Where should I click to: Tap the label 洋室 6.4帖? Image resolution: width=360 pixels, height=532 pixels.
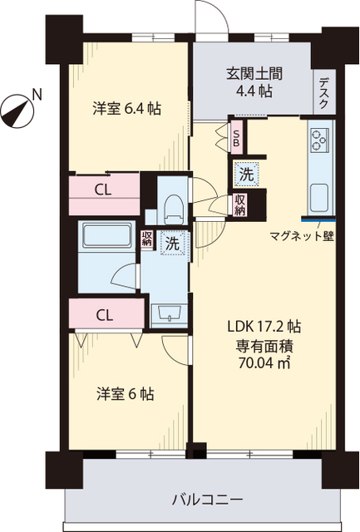click(x=126, y=108)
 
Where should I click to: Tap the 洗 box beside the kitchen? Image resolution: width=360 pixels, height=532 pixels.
click(x=247, y=175)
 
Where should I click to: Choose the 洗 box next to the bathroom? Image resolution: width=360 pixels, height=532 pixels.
click(x=170, y=244)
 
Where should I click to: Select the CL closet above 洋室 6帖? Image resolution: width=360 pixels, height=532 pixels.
click(x=103, y=314)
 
